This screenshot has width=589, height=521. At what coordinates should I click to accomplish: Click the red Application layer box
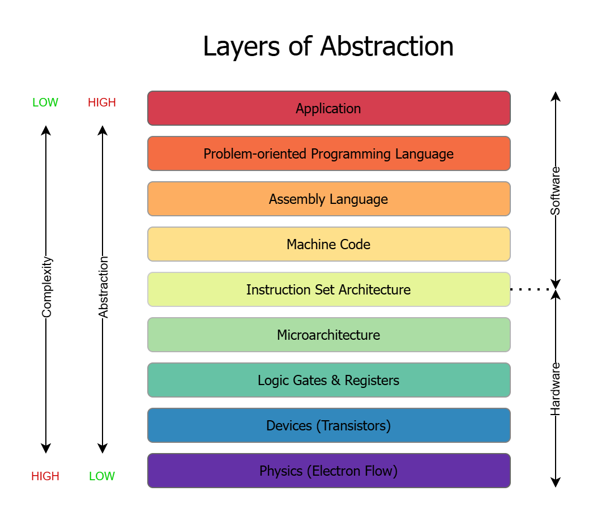[x=328, y=108]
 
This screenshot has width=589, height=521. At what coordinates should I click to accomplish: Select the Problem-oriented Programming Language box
[x=328, y=153]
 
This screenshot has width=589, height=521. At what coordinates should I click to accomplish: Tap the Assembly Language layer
[x=328, y=199]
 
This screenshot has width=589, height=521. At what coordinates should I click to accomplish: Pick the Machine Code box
[x=328, y=244]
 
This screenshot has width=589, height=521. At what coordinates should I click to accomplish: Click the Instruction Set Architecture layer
[x=328, y=289]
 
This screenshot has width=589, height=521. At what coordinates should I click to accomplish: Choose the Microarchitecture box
[x=328, y=335]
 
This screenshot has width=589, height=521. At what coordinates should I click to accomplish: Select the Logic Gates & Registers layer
[x=328, y=380]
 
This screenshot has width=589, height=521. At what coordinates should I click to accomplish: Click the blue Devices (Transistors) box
[x=328, y=425]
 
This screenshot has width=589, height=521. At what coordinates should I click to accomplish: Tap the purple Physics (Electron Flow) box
[x=328, y=471]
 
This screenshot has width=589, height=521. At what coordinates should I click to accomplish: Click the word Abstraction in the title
[x=386, y=46]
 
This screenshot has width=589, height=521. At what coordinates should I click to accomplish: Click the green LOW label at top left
[x=45, y=103]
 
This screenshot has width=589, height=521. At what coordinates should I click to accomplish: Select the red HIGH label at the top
[x=102, y=103]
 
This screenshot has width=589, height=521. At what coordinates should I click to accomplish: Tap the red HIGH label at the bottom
[x=45, y=476]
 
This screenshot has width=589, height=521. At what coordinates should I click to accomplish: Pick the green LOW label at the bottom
[x=102, y=476]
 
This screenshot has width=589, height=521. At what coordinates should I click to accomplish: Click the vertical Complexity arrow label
[x=46, y=287]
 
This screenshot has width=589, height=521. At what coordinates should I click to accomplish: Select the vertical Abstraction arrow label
[x=103, y=287]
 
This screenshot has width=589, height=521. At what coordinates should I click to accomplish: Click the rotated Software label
[x=556, y=191]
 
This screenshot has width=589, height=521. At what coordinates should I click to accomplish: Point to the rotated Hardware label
[x=556, y=388]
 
